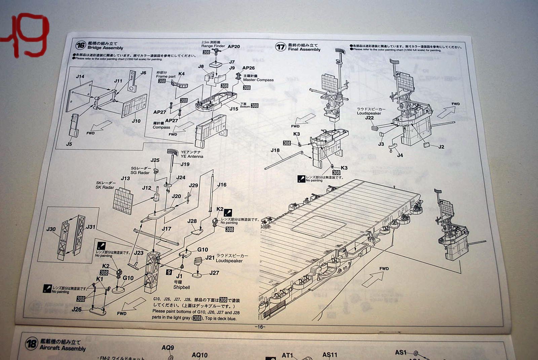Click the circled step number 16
[x=80, y=45]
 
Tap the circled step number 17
[x=280, y=47]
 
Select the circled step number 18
[x=31, y=344]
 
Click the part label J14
[x=80, y=77]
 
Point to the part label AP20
[x=234, y=47]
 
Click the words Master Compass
[x=258, y=80]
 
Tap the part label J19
[x=185, y=164]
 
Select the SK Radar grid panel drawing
[x=123, y=201]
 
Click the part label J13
[x=125, y=178]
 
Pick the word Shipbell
[x=182, y=287]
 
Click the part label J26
[x=77, y=309]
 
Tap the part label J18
[x=275, y=150]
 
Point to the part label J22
[x=369, y=118]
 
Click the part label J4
[x=400, y=155]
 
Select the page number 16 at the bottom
[x=260, y=327]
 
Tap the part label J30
[x=51, y=229]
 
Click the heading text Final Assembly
[x=304, y=49]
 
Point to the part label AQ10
[x=199, y=355]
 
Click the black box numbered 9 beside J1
[x=169, y=272]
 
